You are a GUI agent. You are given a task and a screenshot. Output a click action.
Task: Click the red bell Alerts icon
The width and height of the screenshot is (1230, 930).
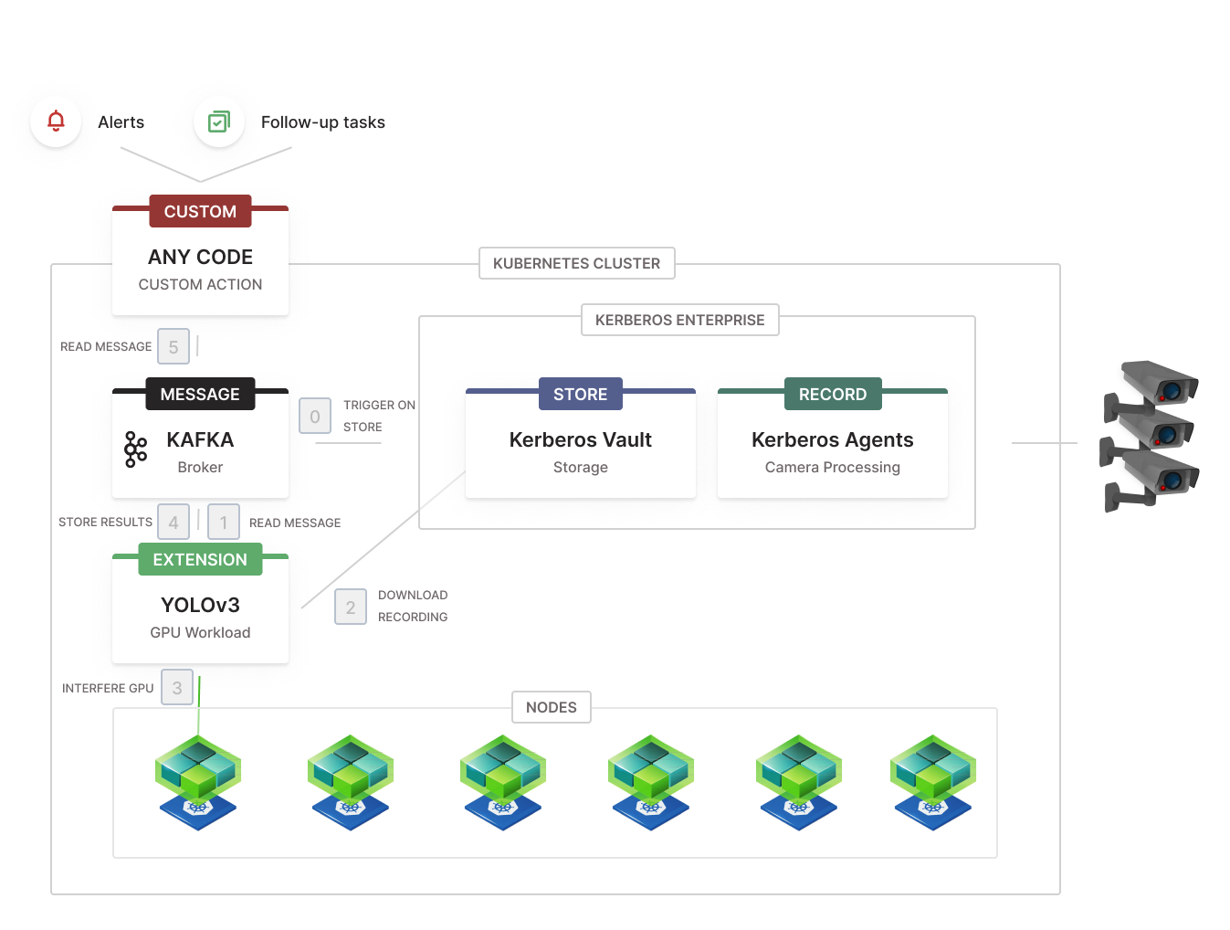[x=56, y=121]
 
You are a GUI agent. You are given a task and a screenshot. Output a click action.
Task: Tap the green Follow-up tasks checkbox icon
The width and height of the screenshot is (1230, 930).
[x=219, y=122]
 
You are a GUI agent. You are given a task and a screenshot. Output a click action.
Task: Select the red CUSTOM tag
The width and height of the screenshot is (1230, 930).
[x=200, y=212]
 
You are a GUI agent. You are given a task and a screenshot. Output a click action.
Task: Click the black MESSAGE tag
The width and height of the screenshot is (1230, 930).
[x=200, y=395]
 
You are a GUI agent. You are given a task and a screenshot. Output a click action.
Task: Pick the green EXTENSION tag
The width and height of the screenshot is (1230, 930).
[x=200, y=560]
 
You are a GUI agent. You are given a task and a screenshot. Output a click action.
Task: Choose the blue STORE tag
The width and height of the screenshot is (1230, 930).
[x=580, y=395]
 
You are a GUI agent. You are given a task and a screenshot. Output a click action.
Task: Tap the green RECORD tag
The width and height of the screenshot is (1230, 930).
[x=832, y=395]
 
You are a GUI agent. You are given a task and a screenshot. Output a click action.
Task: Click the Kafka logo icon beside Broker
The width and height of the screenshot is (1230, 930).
[x=135, y=449]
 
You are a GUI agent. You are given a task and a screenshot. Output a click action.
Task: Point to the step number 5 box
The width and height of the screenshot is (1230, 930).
[x=173, y=347]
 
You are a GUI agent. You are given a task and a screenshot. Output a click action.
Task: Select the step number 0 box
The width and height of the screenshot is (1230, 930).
[x=315, y=417]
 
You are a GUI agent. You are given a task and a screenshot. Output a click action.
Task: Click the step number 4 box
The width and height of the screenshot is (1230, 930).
[x=173, y=523]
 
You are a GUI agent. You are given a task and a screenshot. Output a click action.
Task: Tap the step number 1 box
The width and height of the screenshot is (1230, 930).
[x=224, y=523]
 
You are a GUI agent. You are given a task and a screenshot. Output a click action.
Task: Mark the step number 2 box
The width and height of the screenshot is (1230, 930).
[x=351, y=608]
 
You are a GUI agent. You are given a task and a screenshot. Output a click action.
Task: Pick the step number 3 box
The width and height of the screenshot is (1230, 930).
[x=177, y=688]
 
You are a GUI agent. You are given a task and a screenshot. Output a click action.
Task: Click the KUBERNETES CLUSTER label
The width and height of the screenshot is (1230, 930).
[x=576, y=263]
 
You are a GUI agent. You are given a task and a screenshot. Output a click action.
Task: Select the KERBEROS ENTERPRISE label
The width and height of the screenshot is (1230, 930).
[x=679, y=320]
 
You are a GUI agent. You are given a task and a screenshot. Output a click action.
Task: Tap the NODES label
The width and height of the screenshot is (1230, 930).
[x=552, y=707]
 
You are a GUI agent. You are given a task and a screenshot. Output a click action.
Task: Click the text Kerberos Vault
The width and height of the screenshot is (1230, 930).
[x=580, y=440]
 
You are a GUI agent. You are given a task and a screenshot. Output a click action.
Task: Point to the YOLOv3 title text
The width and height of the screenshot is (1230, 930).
[x=200, y=606]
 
